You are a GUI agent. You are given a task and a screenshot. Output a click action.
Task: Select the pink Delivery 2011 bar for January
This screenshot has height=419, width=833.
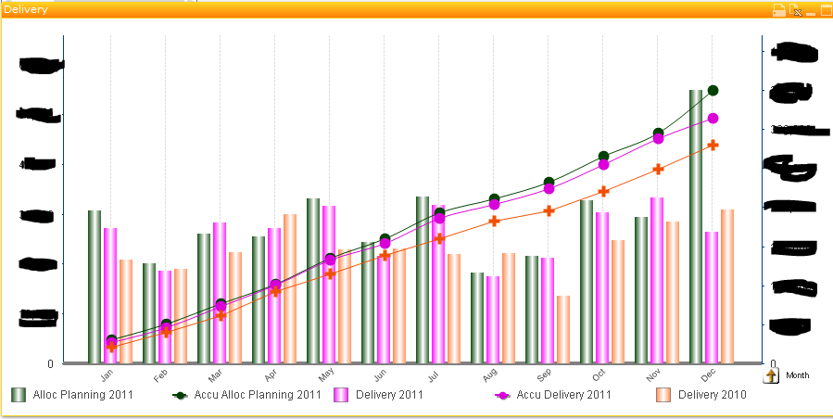pyautogui.click(x=110, y=295)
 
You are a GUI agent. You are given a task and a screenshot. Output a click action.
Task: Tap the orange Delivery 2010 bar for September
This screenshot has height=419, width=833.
pyautogui.click(x=563, y=329)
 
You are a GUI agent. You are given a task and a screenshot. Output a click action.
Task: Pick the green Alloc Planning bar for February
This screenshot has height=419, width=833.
pyautogui.click(x=149, y=312)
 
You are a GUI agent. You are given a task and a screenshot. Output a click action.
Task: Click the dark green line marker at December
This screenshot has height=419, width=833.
pyautogui.click(x=713, y=90)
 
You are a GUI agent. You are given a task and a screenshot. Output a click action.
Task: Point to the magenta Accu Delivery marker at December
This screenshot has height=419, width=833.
pyautogui.click(x=713, y=118)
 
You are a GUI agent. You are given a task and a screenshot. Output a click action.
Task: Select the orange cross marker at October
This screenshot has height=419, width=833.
pyautogui.click(x=603, y=192)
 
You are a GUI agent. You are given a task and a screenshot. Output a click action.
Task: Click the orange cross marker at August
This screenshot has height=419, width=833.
pyautogui.click(x=495, y=221)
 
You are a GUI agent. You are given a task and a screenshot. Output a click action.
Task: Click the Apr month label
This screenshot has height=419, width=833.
pyautogui.click(x=271, y=375)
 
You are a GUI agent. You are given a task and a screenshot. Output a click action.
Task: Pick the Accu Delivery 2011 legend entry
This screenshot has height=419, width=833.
pyautogui.click(x=552, y=395)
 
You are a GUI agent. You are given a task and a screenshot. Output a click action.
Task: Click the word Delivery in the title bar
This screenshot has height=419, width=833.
pyautogui.click(x=25, y=9)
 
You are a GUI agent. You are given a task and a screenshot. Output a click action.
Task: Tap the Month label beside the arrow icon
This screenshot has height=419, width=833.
pyautogui.click(x=797, y=375)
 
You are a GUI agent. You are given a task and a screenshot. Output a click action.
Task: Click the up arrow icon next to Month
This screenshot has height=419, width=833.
pyautogui.click(x=771, y=375)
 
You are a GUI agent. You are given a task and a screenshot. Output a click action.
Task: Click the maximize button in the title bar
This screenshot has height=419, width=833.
pyautogui.click(x=826, y=10)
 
